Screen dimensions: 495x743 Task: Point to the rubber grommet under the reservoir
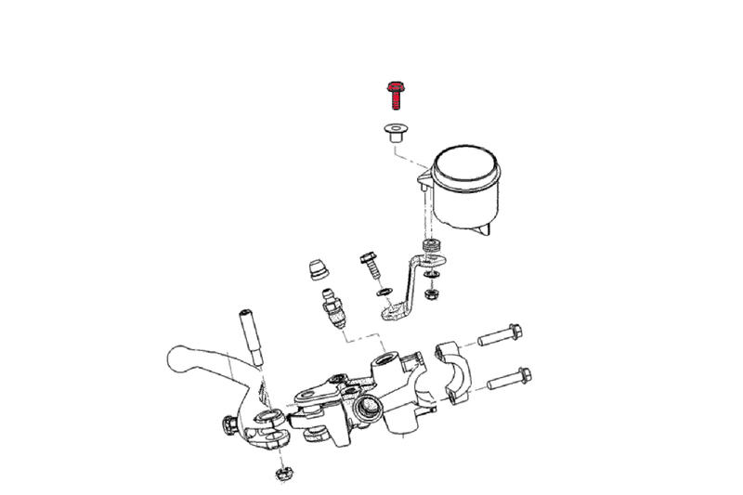pos(432,247)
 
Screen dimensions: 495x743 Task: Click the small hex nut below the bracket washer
pos(431,293)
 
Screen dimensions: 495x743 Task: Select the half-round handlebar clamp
pos(453,371)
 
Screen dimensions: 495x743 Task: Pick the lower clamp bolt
pos(509,378)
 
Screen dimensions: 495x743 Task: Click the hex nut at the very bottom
pos(283,474)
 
